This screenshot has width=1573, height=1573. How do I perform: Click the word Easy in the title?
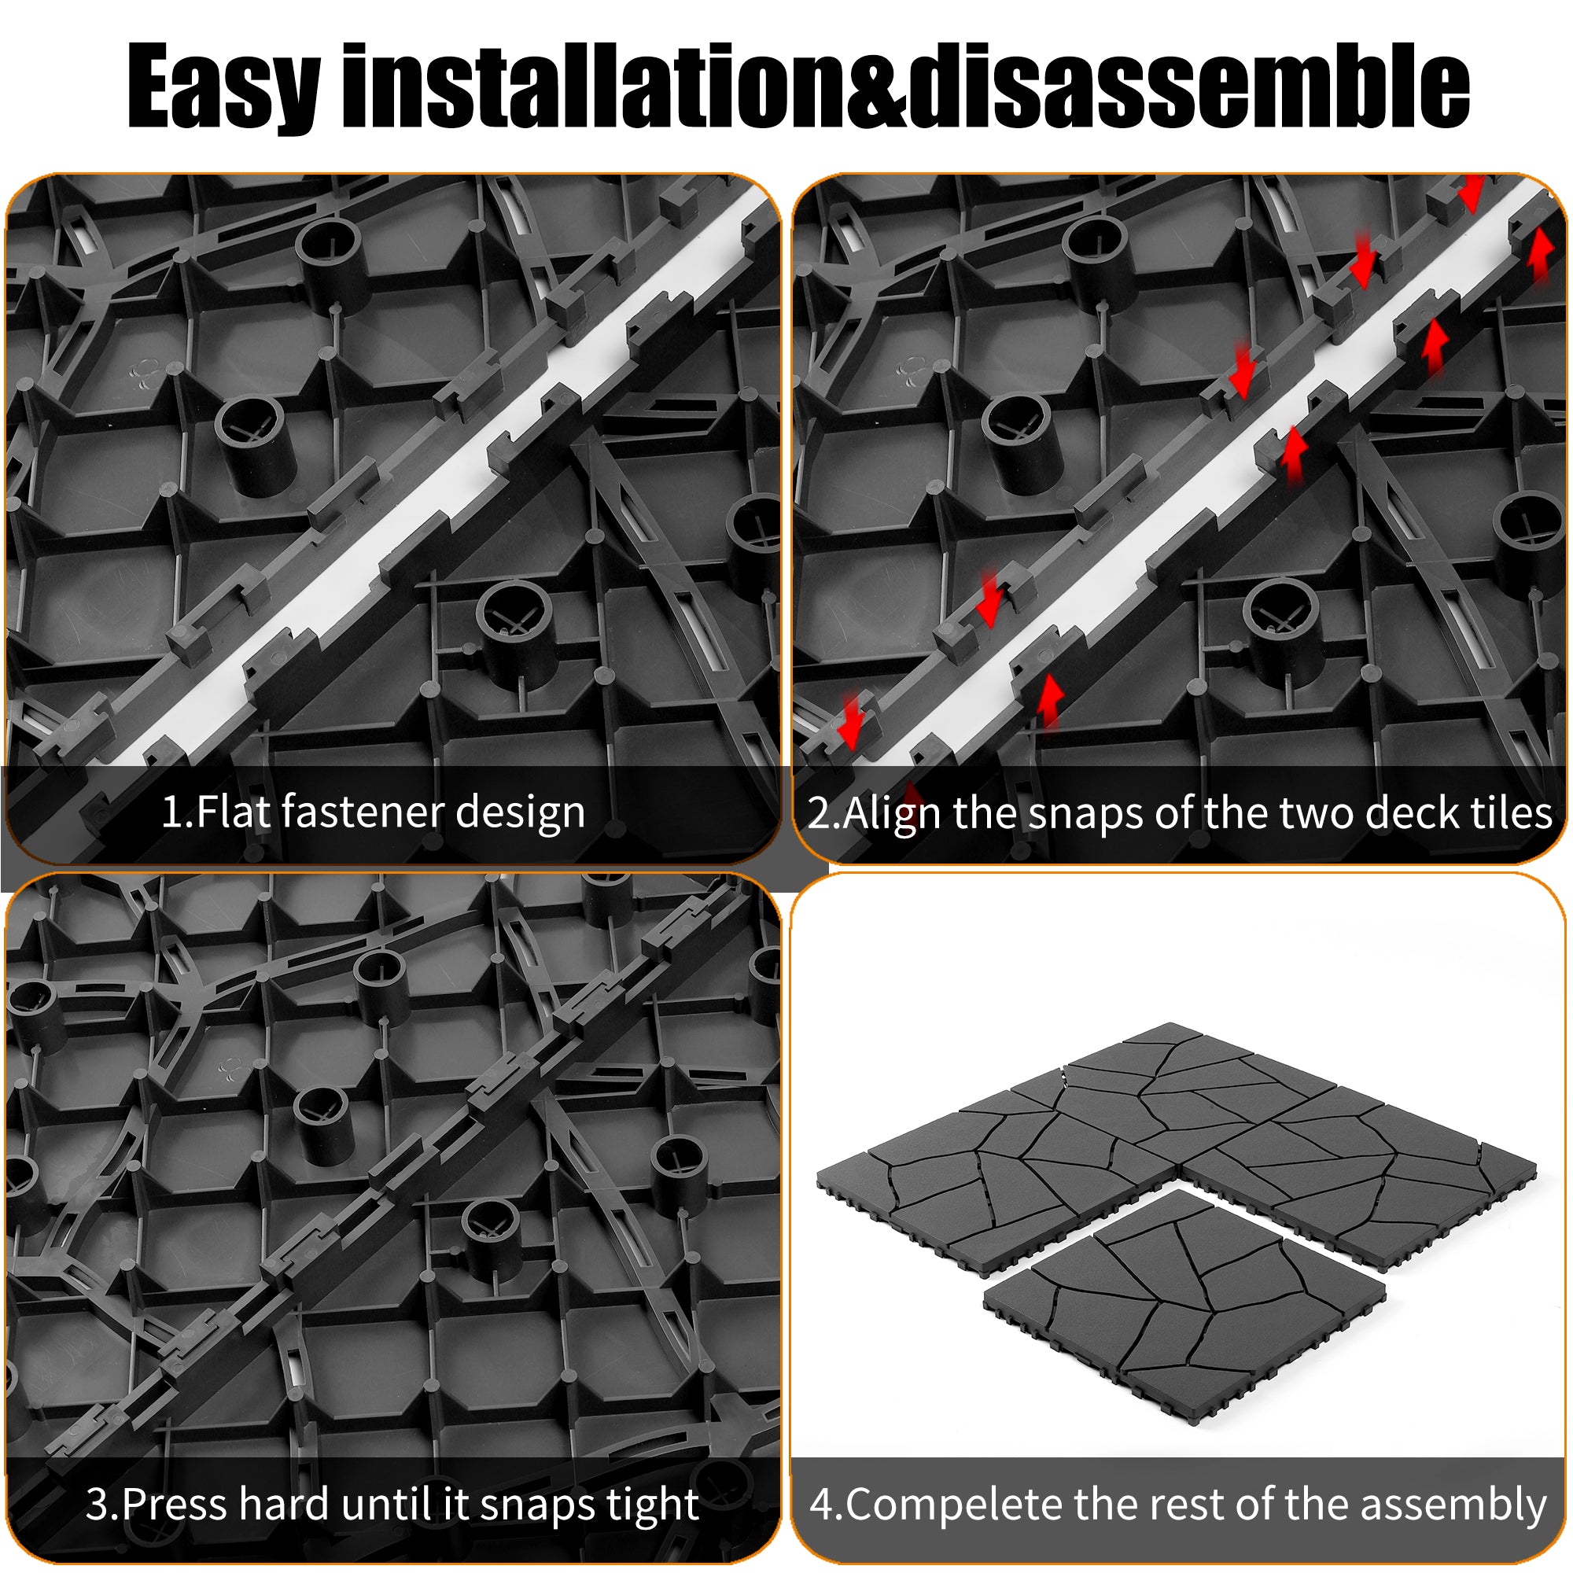[x=223, y=88]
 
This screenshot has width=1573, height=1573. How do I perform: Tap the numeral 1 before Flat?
[x=171, y=812]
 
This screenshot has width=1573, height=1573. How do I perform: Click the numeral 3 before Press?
[x=98, y=1505]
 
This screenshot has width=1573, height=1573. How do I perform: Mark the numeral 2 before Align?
[x=818, y=812]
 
